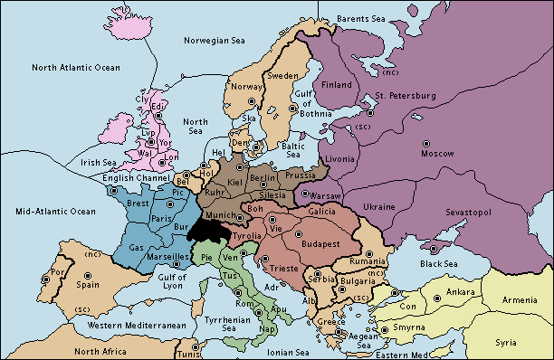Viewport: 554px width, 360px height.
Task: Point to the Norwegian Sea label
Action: [215, 40]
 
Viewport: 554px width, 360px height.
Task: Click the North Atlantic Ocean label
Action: [75, 68]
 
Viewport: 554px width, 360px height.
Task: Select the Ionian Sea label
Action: [290, 352]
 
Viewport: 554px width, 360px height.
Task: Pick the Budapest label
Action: [318, 244]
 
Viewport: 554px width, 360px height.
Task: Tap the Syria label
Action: [507, 343]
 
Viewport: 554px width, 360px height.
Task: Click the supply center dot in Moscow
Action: [426, 143]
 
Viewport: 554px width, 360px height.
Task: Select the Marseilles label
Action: [168, 257]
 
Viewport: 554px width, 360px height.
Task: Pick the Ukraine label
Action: [378, 207]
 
